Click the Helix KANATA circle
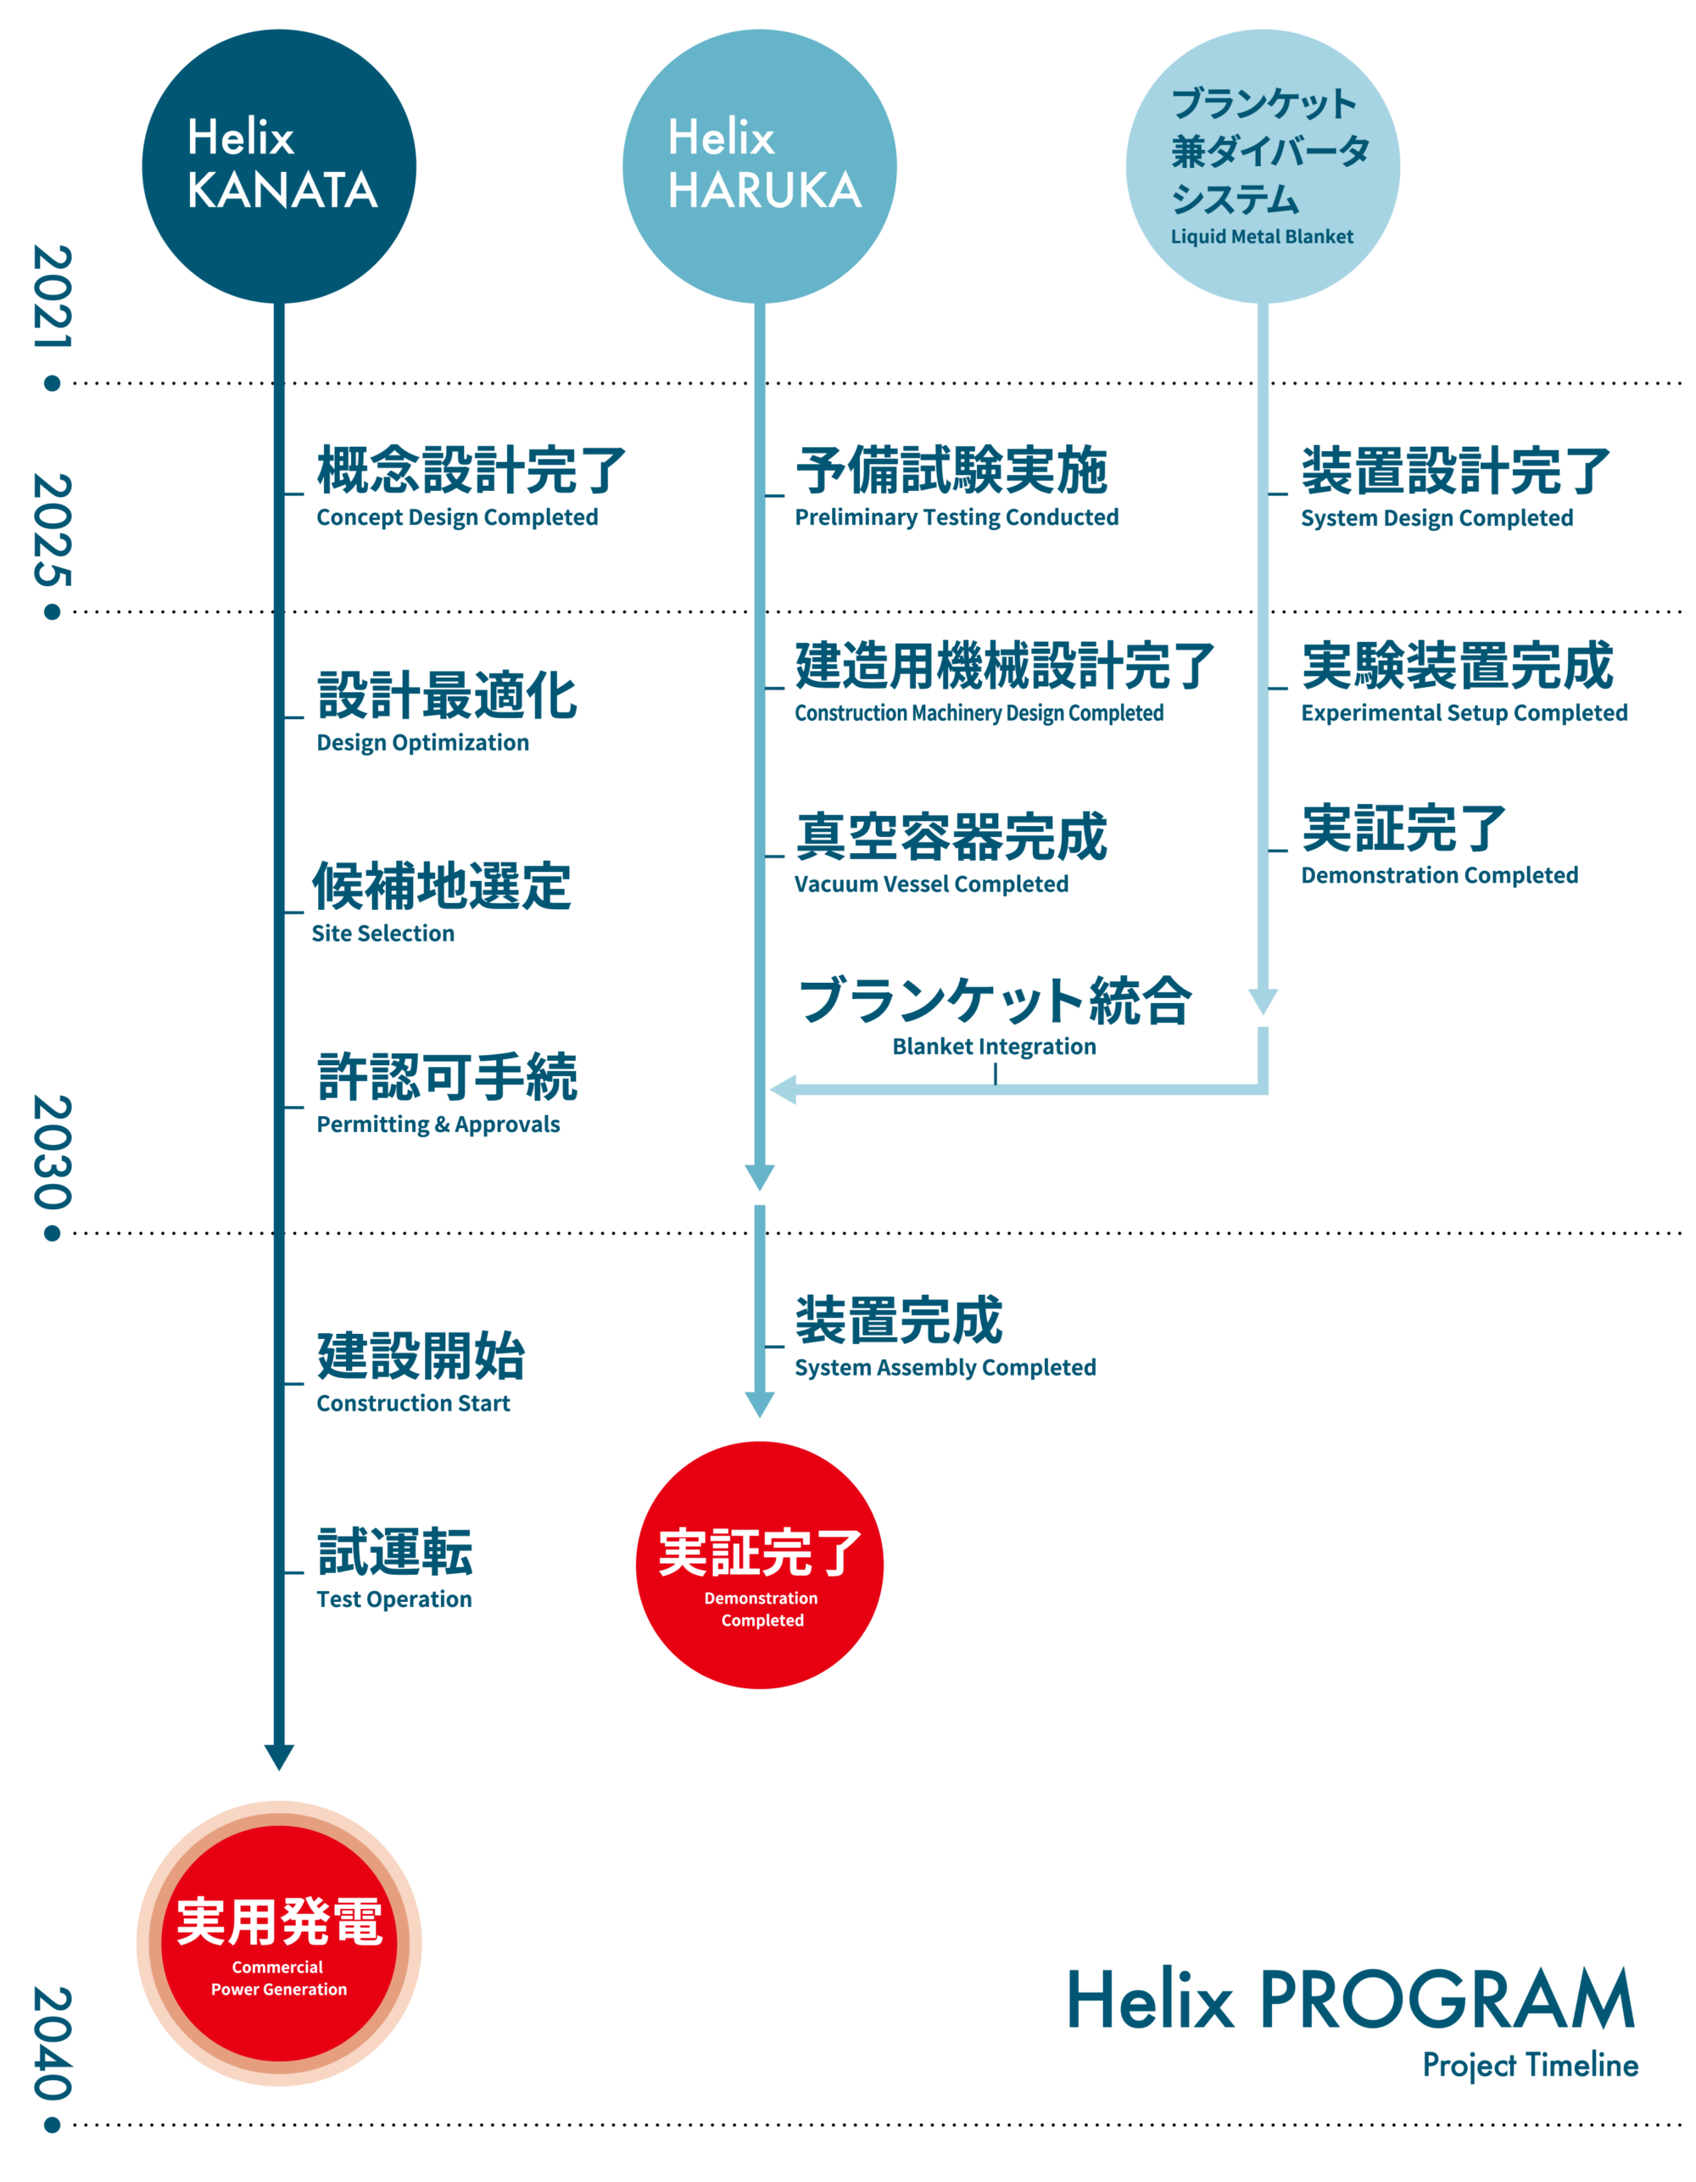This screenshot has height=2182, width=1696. [x=279, y=166]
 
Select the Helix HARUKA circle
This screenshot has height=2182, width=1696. [x=759, y=166]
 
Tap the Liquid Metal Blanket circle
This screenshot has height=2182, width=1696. [x=1263, y=166]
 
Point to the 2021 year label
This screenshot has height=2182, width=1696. [x=52, y=298]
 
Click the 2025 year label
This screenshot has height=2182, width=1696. [x=52, y=529]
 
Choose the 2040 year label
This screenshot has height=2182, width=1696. [x=52, y=2042]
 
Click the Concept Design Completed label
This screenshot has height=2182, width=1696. [x=457, y=517]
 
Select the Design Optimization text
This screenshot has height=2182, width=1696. [x=422, y=742]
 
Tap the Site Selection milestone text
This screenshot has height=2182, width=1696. [x=382, y=933]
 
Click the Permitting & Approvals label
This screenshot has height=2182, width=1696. [x=438, y=1124]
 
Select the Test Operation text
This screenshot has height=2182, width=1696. [x=394, y=1599]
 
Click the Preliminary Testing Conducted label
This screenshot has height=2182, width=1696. [x=956, y=517]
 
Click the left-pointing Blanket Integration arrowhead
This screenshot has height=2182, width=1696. [x=783, y=1089]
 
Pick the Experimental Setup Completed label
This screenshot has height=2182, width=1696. [x=1464, y=712]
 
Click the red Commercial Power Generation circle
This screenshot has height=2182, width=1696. [x=279, y=1943]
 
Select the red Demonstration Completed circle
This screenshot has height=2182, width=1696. [x=759, y=1565]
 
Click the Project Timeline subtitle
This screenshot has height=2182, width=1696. [x=1530, y=2064]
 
